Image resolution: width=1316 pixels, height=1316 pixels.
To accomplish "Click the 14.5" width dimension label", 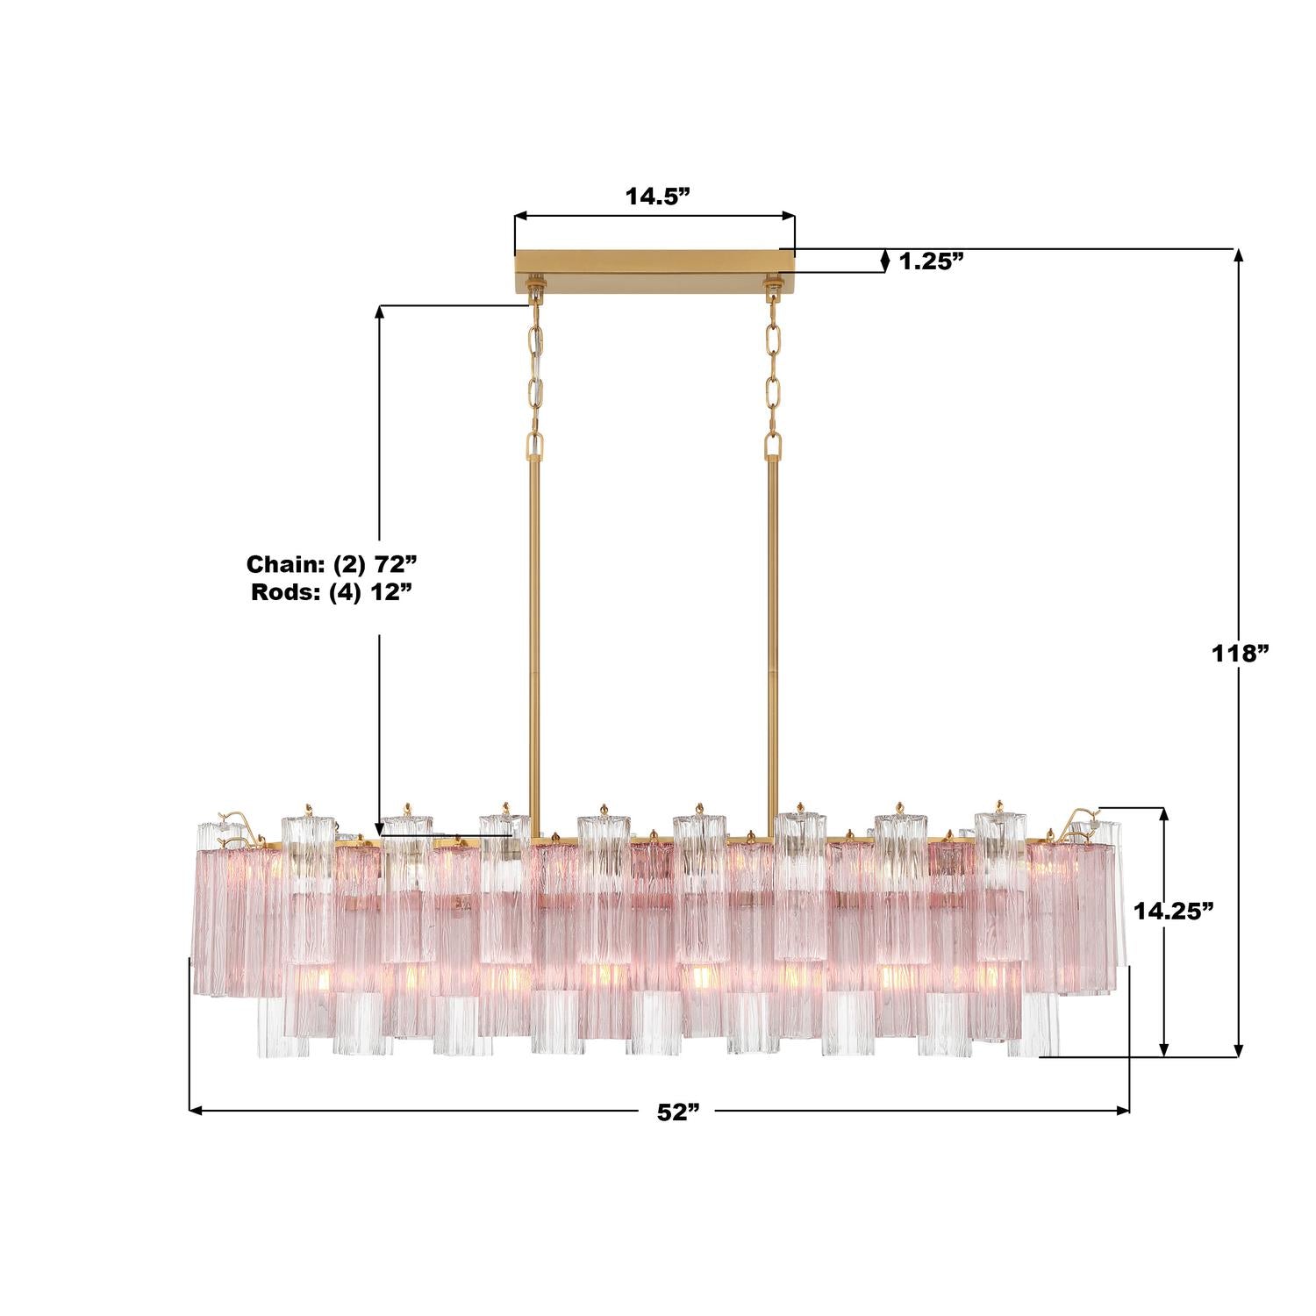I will coord(654,196).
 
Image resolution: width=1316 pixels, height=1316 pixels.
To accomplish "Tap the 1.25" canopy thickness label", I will coord(931,261).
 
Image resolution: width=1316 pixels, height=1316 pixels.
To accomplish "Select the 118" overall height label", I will coord(1241,653).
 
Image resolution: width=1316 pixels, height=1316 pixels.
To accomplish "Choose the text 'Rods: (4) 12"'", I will coord(332,590).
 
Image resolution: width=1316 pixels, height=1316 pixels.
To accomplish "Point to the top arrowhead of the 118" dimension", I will coord(1239,255).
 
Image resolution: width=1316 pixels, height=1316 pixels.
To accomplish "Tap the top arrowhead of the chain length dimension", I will coord(380,311).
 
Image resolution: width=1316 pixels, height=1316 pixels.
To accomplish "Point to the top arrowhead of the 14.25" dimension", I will coord(1164,812).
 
